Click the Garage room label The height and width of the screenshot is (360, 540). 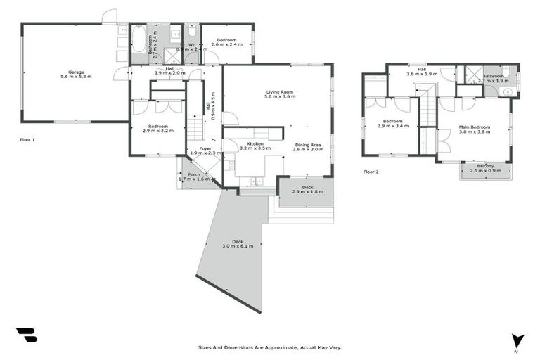click(x=75, y=72)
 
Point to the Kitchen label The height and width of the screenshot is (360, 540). click(x=255, y=143)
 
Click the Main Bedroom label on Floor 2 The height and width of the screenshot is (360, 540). click(x=474, y=127)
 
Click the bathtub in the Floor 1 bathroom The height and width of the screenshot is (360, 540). click(x=139, y=39)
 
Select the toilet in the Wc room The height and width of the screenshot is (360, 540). click(x=192, y=32)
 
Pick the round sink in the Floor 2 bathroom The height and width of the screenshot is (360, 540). click(x=508, y=91)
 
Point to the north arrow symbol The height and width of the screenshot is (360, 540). click(x=517, y=340)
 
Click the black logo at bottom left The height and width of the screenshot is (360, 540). click(x=26, y=335)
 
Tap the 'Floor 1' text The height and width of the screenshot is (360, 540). click(x=27, y=140)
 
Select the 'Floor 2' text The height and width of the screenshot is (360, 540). click(x=371, y=172)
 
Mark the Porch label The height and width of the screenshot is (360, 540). click(x=193, y=174)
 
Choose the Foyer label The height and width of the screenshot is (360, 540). click(x=205, y=148)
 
